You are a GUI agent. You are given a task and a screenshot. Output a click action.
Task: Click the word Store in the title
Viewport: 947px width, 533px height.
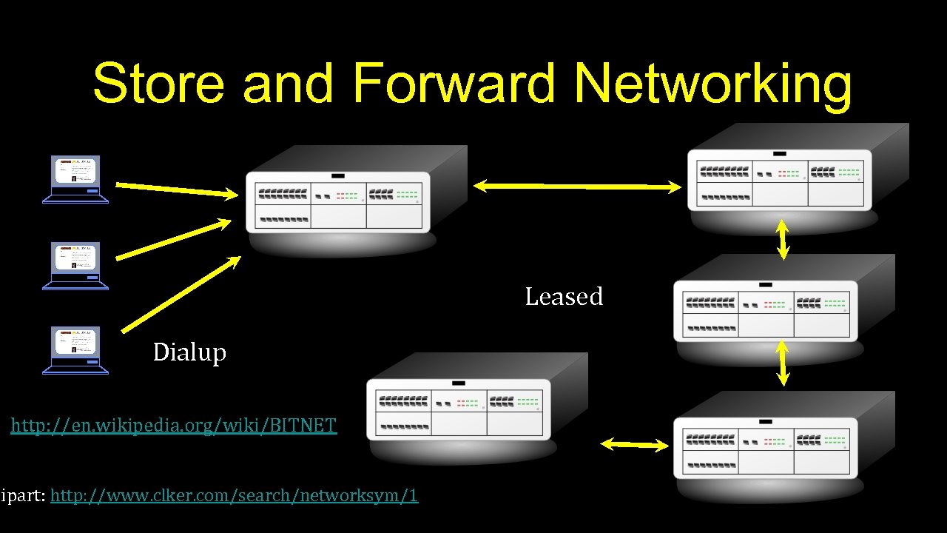158,83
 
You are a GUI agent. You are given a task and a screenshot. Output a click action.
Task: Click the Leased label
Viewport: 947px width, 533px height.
564,297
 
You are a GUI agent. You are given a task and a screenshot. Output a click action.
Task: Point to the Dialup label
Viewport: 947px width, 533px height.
189,352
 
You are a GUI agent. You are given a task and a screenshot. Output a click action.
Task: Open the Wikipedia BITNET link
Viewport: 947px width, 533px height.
174,425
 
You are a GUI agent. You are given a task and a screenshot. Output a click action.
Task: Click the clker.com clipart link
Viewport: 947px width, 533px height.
234,495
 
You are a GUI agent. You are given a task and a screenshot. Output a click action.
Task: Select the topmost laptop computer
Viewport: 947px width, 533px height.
75,179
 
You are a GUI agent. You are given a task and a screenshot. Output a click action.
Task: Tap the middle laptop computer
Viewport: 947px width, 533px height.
75,265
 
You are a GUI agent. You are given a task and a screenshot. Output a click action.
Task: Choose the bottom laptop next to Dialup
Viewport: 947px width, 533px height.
75,350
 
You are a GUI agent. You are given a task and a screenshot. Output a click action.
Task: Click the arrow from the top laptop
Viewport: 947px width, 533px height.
177,190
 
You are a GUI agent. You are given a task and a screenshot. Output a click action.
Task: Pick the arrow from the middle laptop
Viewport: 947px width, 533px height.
174,239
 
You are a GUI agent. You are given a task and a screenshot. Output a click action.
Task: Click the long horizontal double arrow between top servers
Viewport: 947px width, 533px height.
577,187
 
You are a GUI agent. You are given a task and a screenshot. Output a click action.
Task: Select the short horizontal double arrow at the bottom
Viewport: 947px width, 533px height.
634,444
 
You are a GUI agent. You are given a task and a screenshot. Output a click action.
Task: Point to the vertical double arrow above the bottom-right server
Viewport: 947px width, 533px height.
783,363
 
